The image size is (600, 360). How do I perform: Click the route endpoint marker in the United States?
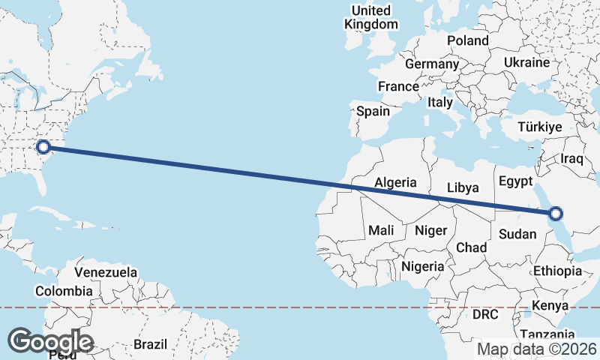point(43,147)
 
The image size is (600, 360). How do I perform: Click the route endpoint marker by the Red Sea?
point(556,214)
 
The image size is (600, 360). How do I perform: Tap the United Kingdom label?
point(371,17)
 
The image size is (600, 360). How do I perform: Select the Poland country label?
point(467,40)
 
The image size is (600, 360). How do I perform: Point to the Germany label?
point(431,64)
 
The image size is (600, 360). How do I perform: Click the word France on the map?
point(398,87)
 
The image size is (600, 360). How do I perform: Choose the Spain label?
point(373,112)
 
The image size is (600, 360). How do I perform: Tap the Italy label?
point(440,102)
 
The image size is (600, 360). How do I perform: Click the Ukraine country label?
point(526,62)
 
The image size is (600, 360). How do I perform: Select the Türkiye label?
point(540,127)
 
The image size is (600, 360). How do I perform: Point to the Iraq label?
point(572,159)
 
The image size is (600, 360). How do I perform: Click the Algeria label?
point(395,182)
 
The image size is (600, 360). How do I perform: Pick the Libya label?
point(462,187)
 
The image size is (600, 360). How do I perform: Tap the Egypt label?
point(515,181)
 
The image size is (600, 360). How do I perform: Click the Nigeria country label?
point(423,266)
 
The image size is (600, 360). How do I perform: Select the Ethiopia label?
point(557,271)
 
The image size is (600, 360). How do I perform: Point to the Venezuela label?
point(106,271)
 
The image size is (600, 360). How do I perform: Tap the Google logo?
point(50,342)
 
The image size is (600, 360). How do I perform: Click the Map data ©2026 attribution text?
point(537,349)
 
